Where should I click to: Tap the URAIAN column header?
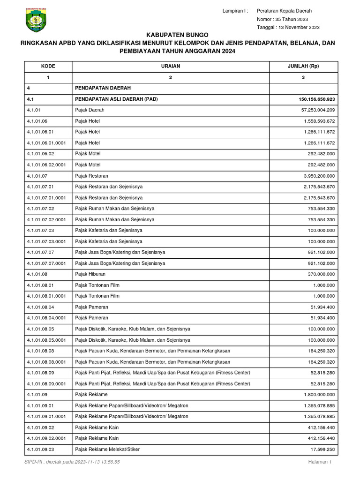pos(171,66)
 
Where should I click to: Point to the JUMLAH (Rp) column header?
pos(303,66)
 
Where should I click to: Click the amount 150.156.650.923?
pos(316,99)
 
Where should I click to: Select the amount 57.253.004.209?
pos(318,110)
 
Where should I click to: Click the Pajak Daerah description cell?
pos(90,110)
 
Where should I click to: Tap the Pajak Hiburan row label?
pos(90,274)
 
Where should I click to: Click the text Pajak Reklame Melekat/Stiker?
pos(107,449)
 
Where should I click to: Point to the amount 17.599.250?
pos(322,449)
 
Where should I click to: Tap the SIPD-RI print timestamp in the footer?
pos(72,462)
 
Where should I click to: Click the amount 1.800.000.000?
pos(319,395)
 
